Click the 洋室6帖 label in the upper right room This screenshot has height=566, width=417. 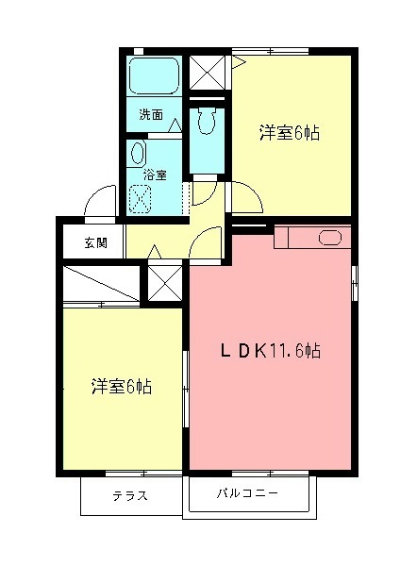(290, 133)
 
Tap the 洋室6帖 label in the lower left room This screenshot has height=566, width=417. (122, 386)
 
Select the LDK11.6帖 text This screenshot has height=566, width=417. (270, 351)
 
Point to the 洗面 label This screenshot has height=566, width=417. (151, 115)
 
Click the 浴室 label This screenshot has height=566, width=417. (155, 175)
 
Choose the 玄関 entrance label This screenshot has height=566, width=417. (95, 242)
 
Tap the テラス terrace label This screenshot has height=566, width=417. (130, 496)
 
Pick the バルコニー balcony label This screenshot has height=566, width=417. (247, 493)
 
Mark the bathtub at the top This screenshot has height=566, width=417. (154, 75)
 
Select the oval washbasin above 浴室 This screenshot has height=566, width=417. (138, 154)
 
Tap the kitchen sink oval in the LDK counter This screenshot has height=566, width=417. (330, 238)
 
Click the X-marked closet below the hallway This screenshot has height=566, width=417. (163, 282)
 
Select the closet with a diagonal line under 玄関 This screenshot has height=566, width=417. (100, 283)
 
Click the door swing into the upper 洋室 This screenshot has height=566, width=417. (243, 197)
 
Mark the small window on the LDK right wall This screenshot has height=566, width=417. (355, 284)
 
